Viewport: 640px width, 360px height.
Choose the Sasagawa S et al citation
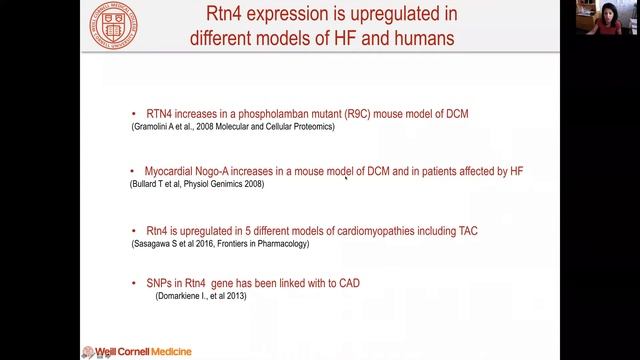coord(221,243)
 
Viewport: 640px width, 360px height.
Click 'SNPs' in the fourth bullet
coord(160,284)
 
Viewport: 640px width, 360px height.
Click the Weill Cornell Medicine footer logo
coord(136,351)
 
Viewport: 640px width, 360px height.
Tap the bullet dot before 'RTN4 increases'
coord(135,114)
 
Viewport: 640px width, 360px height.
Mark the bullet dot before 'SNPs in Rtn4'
coord(135,284)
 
